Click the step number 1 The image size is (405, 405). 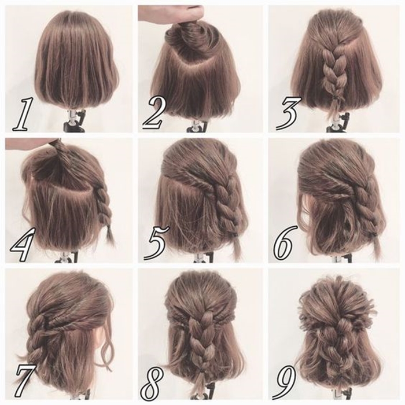tap(23, 114)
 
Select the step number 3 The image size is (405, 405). tap(289, 113)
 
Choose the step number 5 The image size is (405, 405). tap(157, 242)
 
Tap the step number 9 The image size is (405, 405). tap(286, 382)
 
